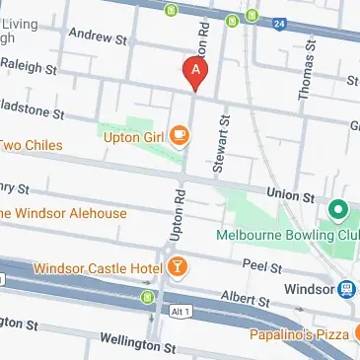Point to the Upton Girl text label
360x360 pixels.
click(x=133, y=137)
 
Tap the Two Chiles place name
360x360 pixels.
click(x=31, y=146)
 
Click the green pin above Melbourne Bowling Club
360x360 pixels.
click(x=336, y=210)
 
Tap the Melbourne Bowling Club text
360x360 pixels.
click(x=286, y=236)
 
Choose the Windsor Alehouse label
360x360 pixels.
click(x=63, y=214)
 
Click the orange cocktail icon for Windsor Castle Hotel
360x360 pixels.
click(x=176, y=267)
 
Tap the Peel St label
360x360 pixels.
click(x=262, y=267)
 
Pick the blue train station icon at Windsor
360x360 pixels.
click(x=347, y=290)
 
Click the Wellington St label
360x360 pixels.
click(x=137, y=344)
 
